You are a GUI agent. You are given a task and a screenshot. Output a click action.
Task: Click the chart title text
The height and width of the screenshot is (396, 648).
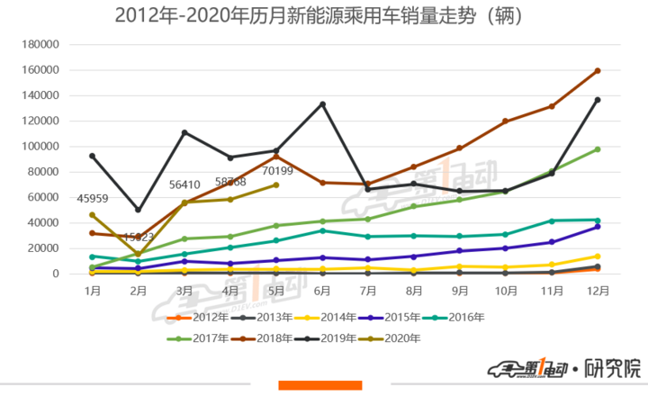pos(321,15)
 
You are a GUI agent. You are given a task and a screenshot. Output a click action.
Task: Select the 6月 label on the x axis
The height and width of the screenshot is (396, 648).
pos(321,292)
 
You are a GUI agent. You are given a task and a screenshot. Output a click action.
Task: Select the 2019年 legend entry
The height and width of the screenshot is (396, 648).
pos(332,338)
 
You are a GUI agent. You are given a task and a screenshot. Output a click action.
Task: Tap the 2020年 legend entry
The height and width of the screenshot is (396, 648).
pos(396,338)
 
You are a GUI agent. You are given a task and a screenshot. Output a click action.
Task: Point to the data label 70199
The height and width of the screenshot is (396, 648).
pos(278,169)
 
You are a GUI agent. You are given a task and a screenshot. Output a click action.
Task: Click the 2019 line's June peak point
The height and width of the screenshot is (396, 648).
pos(321,104)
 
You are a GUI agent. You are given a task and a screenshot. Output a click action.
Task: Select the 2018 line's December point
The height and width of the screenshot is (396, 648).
pos(597,70)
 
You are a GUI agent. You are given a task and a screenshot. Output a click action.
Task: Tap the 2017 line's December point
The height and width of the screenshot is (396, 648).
pos(597,149)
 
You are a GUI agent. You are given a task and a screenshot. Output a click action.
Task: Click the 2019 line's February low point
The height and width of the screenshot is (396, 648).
pos(138,210)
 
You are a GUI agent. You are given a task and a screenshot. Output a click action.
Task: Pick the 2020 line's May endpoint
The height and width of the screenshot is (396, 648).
pos(275,184)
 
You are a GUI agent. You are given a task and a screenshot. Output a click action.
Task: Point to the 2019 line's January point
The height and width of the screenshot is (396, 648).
pos(92,156)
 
